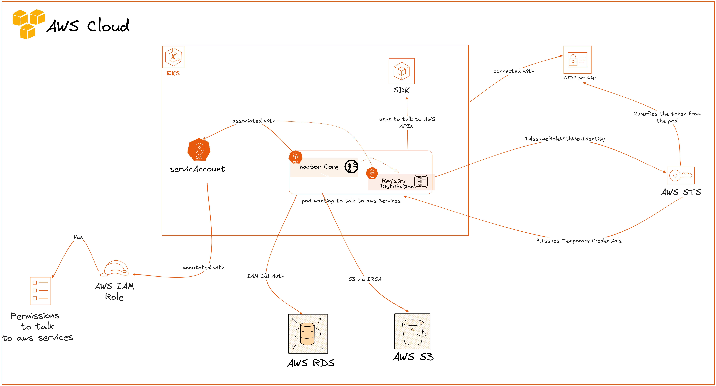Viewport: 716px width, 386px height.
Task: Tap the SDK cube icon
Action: tap(401, 71)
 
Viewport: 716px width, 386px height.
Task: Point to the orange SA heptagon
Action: tap(199, 150)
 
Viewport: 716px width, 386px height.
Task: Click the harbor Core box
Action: tap(320, 167)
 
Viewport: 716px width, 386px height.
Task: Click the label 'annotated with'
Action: tap(203, 268)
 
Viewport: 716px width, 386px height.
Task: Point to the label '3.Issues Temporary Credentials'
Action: tap(579, 241)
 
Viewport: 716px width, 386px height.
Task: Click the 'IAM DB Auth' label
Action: tap(266, 276)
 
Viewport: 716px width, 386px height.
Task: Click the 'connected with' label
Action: tap(514, 71)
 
